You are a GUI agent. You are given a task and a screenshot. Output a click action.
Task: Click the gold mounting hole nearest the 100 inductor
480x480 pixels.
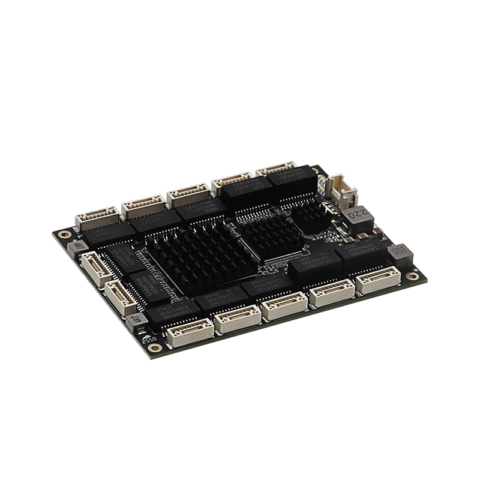point(412,275)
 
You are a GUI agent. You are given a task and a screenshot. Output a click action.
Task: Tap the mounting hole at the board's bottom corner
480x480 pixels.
point(155,347)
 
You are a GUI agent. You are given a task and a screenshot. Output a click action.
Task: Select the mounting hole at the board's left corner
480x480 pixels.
point(64,234)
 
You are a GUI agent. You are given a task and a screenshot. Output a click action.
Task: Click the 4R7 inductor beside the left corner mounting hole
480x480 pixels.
point(77,247)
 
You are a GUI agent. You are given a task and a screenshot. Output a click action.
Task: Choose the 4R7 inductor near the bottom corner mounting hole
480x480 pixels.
point(137,320)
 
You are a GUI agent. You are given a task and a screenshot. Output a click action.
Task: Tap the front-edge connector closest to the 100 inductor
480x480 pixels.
point(378,280)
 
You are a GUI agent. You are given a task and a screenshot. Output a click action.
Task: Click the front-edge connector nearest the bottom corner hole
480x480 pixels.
point(190,332)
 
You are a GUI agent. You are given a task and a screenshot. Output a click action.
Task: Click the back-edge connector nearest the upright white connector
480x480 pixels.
point(277,170)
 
